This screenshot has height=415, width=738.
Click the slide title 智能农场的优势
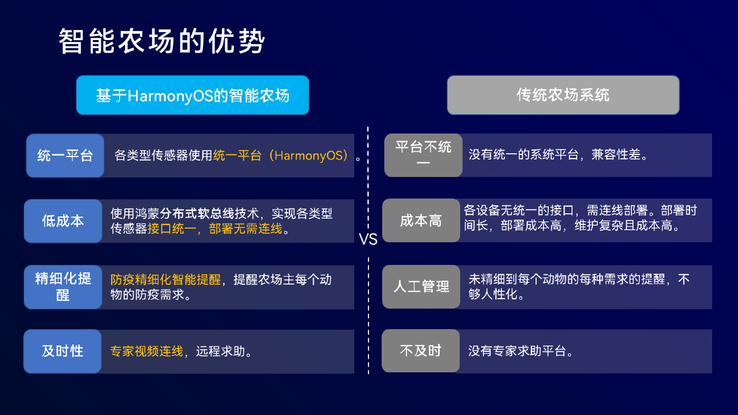click(161, 41)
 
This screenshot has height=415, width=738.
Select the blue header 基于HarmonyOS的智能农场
click(193, 95)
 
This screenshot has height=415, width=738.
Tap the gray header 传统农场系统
click(563, 95)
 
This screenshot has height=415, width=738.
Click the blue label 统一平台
click(65, 155)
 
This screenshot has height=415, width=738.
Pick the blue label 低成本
click(63, 221)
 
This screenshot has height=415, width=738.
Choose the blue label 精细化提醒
click(63, 286)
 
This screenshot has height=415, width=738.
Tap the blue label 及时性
click(63, 351)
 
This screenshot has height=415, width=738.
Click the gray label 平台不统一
click(423, 155)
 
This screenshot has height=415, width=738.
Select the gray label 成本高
click(421, 220)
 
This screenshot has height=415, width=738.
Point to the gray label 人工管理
click(421, 286)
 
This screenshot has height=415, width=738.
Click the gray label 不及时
click(421, 351)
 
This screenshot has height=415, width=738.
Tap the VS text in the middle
click(368, 239)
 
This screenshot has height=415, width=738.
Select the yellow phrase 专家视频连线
click(147, 351)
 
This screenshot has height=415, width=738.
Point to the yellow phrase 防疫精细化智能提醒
click(166, 280)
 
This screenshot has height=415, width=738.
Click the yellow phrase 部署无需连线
click(246, 229)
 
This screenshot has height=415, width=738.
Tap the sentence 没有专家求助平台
click(520, 351)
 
